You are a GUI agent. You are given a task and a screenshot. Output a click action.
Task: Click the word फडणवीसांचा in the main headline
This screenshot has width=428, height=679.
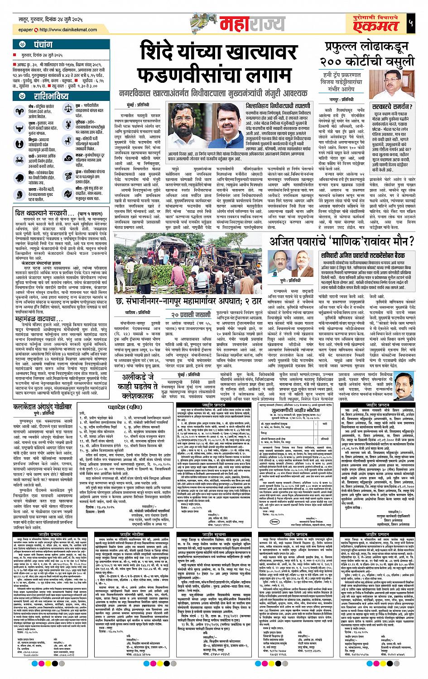pyautogui.click(x=218, y=75)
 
